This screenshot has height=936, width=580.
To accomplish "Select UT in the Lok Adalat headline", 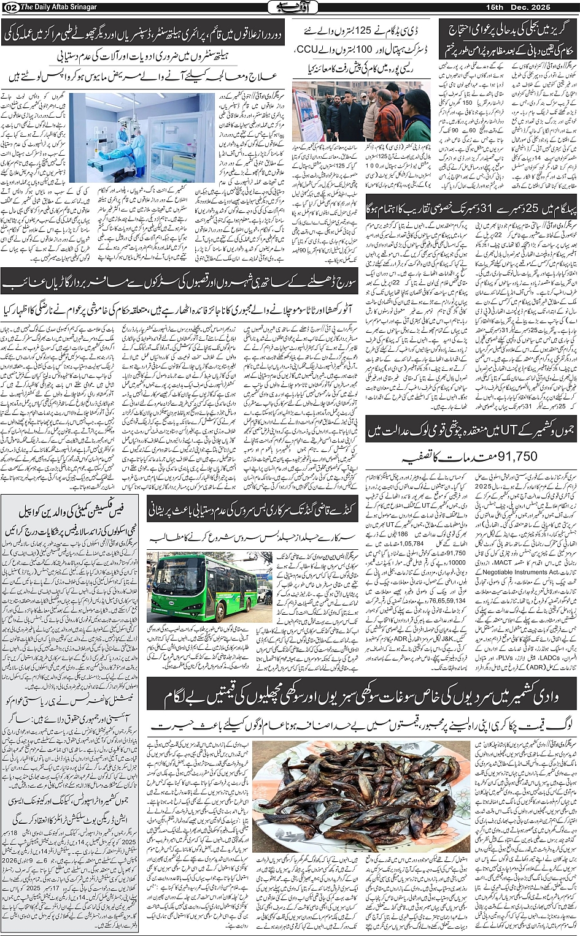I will pyautogui.click(x=508, y=432).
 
